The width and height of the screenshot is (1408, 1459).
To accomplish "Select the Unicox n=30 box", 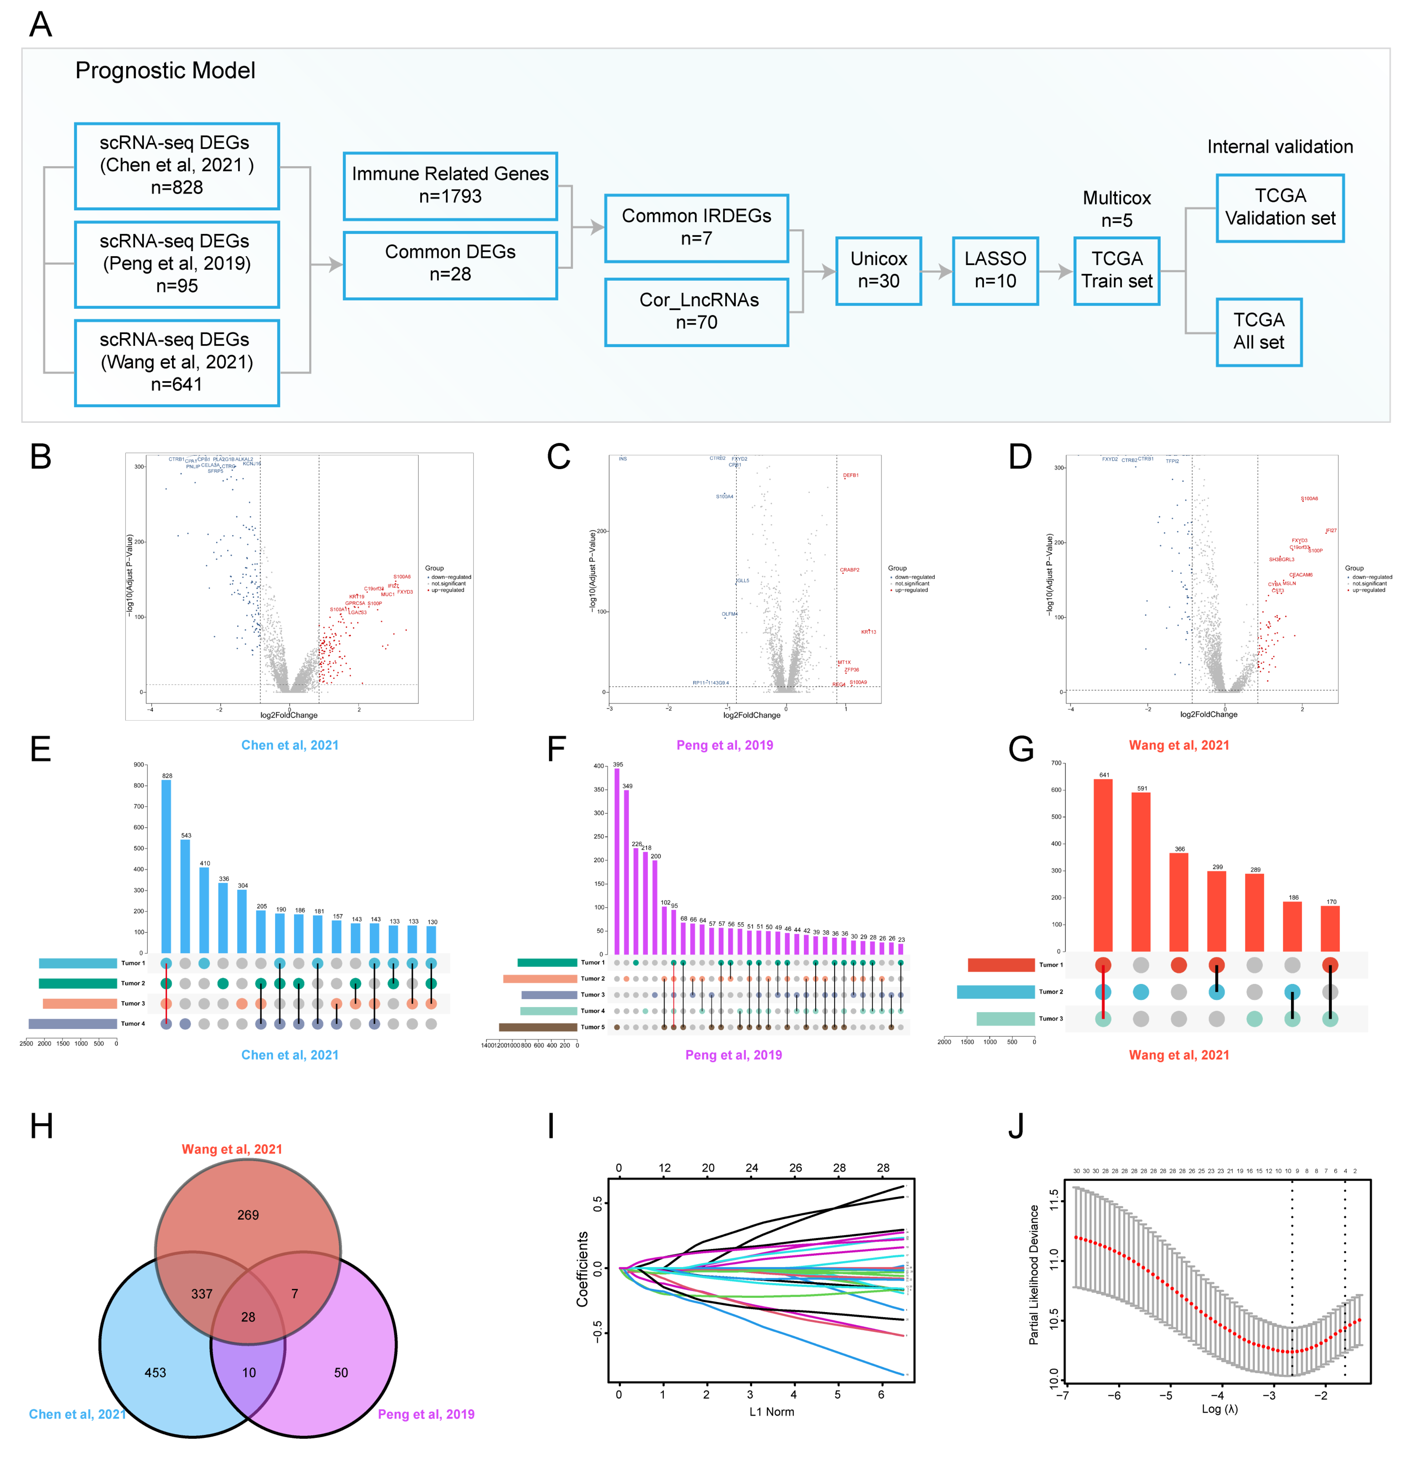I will click(x=878, y=270).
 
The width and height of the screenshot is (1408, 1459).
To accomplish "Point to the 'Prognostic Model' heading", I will click(x=165, y=71).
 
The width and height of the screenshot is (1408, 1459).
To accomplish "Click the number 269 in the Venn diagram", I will click(x=248, y=1215).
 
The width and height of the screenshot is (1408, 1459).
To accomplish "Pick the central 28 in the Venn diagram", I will click(x=248, y=1317).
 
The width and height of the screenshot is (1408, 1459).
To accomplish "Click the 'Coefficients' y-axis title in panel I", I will click(x=582, y=1269).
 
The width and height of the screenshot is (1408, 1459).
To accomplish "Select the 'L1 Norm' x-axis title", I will click(x=771, y=1411).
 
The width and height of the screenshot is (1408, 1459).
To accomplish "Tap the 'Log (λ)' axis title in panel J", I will click(x=1219, y=1409).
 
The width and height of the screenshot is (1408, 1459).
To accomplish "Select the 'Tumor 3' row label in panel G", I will click(x=1050, y=1018).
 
